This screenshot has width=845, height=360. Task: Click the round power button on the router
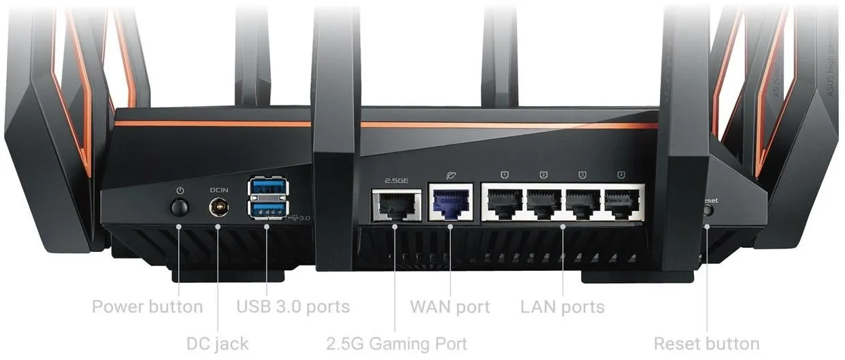click(180, 206)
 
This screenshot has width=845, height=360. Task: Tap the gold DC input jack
click(218, 206)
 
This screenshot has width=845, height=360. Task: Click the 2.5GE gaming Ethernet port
click(395, 204)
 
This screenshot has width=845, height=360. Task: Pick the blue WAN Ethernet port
click(450, 203)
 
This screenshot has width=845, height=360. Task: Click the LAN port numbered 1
click(504, 202)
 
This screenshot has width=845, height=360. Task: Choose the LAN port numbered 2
click(544, 202)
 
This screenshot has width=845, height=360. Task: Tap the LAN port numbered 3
click(583, 202)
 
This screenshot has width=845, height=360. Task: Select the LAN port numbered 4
click(622, 202)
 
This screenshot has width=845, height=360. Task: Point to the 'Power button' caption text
click(147, 307)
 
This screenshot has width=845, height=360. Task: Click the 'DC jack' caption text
click(218, 344)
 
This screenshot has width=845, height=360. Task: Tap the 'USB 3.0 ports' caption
click(293, 307)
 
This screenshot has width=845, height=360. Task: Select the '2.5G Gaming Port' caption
click(397, 344)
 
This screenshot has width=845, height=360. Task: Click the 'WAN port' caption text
click(450, 307)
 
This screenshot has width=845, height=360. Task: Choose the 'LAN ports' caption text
click(563, 307)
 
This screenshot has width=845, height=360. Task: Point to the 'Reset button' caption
click(706, 344)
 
